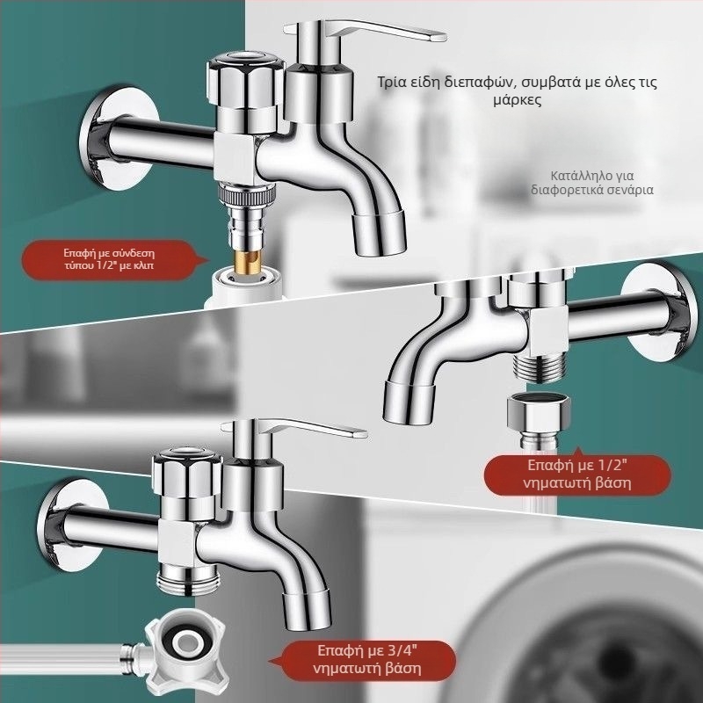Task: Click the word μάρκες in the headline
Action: tap(517, 99)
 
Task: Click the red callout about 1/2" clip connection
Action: tap(109, 259)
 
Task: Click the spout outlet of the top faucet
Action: tap(379, 233)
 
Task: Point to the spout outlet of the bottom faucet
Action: tap(307, 610)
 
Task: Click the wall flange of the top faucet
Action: tap(118, 139)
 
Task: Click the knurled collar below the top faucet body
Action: tap(246, 193)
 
